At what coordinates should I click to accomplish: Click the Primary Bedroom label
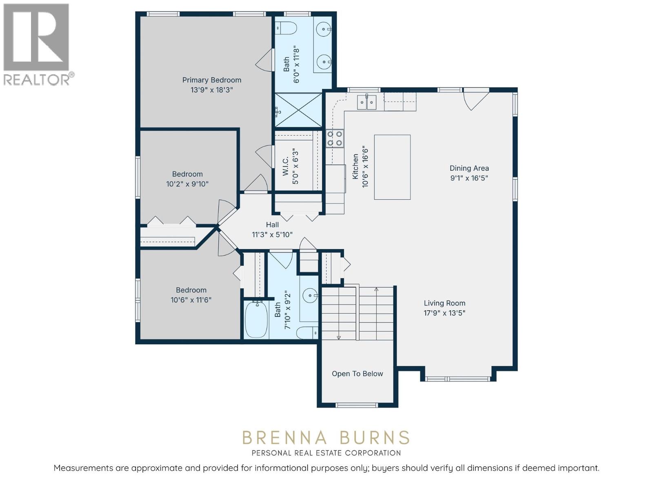[x=211, y=80]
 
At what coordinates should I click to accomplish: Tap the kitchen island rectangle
[x=392, y=167]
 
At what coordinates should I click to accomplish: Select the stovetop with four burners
[x=335, y=138]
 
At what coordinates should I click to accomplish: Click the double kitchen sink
[x=366, y=102]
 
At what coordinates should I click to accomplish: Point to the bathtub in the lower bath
[x=256, y=320]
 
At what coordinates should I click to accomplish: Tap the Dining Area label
[x=469, y=168]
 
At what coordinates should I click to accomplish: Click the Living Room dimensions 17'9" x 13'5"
[x=444, y=313]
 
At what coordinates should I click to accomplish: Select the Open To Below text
[x=357, y=374]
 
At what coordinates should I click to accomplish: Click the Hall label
[x=272, y=225]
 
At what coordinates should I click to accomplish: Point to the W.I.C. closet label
[x=286, y=166]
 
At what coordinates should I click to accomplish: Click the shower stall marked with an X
[x=298, y=110]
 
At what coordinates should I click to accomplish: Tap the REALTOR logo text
[x=37, y=80]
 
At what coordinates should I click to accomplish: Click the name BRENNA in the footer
[x=285, y=438]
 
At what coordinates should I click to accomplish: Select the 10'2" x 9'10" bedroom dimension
[x=187, y=184]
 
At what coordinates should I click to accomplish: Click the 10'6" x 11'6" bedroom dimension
[x=191, y=300]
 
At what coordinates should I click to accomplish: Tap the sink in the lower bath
[x=310, y=295]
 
